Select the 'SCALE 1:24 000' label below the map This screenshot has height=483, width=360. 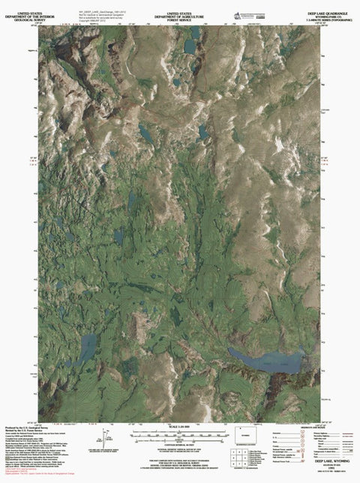(179, 428)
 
